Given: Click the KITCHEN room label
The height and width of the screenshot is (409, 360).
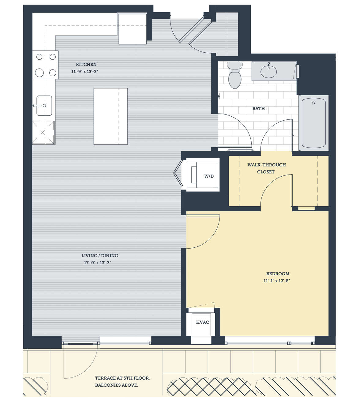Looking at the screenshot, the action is coord(86,64).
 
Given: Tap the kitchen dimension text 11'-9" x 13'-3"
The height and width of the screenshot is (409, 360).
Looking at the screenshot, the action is coord(84,71).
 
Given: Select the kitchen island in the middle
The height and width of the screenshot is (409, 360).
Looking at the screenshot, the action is coord(111,116).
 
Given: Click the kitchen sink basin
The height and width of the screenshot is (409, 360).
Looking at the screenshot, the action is coord(44,106).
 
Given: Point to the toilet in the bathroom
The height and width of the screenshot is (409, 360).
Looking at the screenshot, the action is coord(235,75).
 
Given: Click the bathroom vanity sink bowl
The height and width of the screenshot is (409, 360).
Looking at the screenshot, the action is coord(268,72).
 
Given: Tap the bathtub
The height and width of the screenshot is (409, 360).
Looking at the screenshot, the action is coord(313,123).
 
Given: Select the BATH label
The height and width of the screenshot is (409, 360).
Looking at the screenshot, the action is coord(259,108).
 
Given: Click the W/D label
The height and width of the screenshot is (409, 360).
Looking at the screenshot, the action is coord(209,176).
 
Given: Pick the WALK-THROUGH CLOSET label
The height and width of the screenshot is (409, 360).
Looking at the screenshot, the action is coord(267,168).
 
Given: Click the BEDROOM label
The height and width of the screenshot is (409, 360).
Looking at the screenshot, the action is coord(278,274).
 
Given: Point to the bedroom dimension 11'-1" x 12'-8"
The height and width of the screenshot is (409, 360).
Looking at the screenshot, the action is coord(277,281).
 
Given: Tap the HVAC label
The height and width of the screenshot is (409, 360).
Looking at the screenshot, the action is coord(203,322).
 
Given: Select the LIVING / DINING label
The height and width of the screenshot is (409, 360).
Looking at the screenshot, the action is coord(100,255).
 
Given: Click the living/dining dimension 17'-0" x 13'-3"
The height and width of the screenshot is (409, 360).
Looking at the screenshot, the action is coord(98,263).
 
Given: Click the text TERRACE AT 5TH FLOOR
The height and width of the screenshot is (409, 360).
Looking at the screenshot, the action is coord(122,378).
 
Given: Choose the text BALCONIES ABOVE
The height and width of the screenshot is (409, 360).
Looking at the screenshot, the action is coord(117,385).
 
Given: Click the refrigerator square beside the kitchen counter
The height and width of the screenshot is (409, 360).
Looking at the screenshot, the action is coord(133,29).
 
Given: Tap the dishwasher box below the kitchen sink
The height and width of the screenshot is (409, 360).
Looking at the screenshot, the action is coord(43,133).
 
